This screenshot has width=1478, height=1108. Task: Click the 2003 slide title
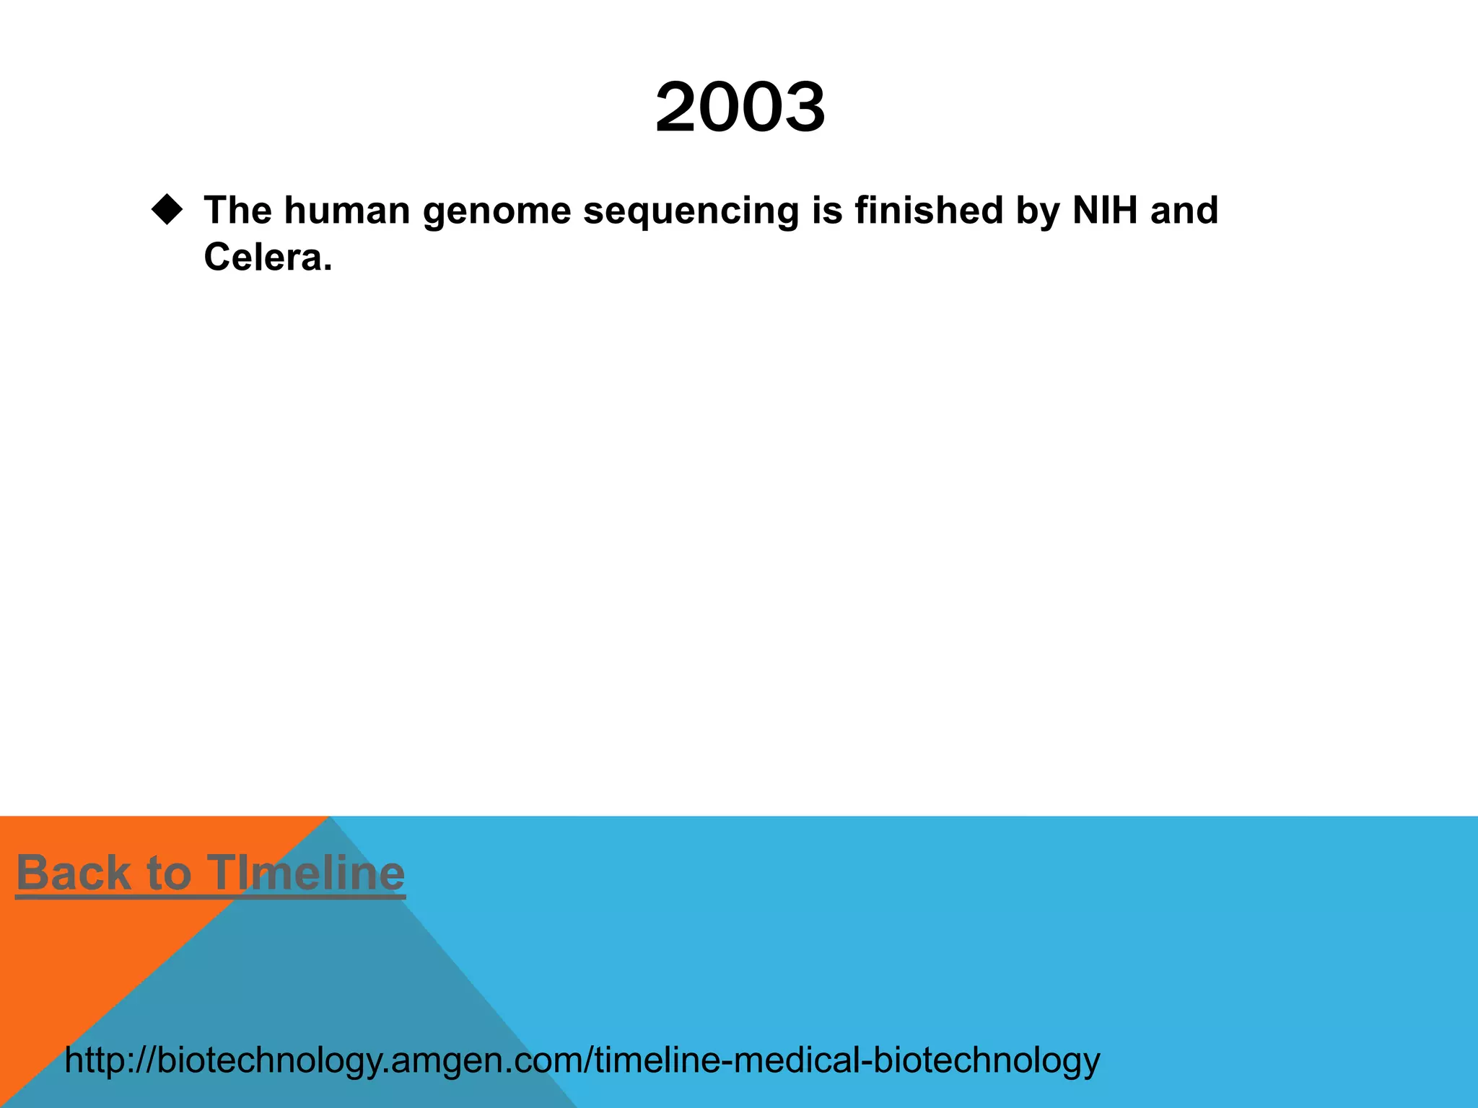(x=740, y=108)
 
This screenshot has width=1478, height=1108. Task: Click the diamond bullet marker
(x=167, y=210)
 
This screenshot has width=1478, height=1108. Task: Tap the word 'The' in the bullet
(x=237, y=211)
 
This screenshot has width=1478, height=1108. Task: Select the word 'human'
(x=347, y=211)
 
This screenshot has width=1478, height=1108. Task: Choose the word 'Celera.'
(x=268, y=258)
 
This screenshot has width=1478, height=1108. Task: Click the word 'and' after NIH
(x=1184, y=211)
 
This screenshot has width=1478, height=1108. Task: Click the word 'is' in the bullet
(x=827, y=211)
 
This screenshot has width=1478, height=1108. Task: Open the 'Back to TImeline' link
(x=210, y=873)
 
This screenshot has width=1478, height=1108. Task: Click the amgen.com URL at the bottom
(x=582, y=1060)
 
